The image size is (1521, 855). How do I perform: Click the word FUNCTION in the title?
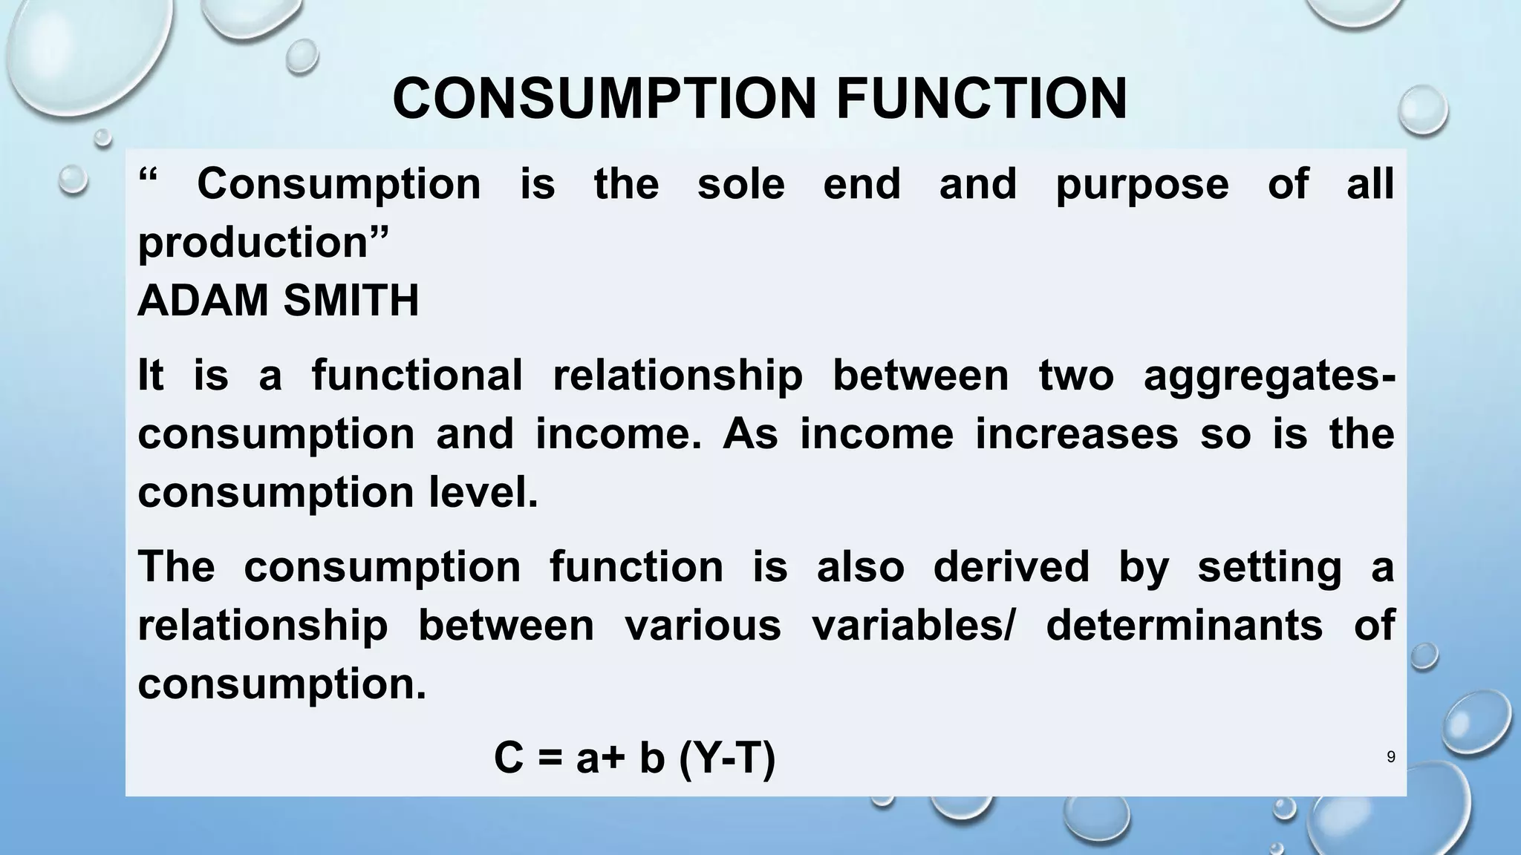point(981,99)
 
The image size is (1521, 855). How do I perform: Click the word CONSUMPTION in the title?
point(604,99)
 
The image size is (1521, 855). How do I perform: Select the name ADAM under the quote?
point(201,301)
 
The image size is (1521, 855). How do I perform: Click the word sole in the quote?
point(740,184)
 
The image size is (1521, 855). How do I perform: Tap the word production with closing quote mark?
point(264,243)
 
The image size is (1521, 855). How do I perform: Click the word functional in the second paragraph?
point(417,375)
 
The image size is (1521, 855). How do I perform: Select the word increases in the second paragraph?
point(1076,433)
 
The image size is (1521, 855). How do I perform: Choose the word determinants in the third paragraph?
point(1184,625)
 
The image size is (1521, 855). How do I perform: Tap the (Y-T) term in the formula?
point(727,759)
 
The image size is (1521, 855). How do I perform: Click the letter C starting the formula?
point(509,759)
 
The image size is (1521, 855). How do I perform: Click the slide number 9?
point(1391,757)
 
